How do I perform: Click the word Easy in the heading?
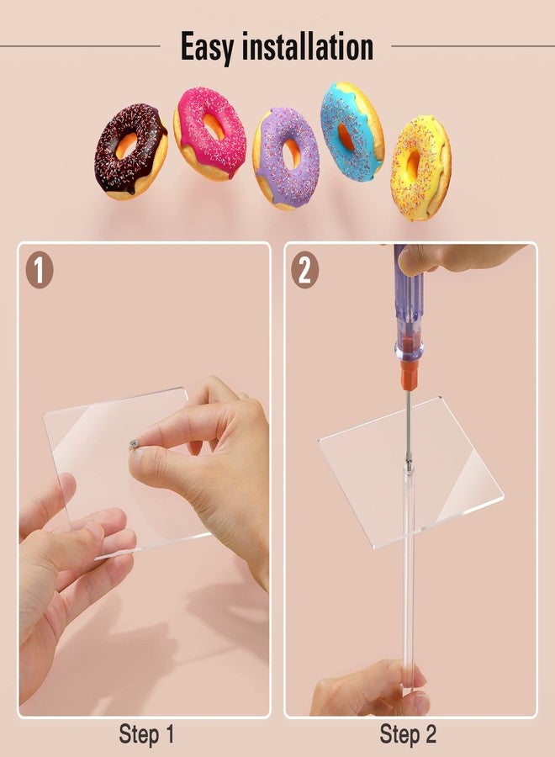point(209,47)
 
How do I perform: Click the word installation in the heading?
point(308,47)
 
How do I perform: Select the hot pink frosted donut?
point(209,134)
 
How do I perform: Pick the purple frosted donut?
point(286,157)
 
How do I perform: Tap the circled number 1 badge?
point(39,270)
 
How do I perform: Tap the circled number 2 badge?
point(305,270)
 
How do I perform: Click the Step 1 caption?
point(146,734)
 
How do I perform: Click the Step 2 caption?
point(408,734)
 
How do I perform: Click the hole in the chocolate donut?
point(126,146)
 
